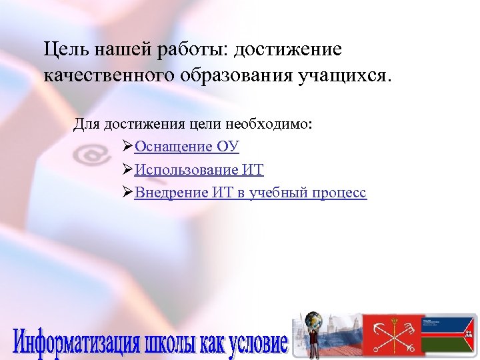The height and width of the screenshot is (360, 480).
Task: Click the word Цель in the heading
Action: pos(63,50)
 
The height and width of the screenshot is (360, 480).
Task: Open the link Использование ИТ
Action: pos(199,170)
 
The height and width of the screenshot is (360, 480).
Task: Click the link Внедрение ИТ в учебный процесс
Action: pos(251,193)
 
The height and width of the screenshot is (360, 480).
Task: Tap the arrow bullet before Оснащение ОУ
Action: pos(129,147)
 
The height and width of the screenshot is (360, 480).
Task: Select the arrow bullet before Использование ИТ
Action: pos(129,170)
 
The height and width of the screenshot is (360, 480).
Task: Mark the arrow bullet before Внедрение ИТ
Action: pos(129,193)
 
